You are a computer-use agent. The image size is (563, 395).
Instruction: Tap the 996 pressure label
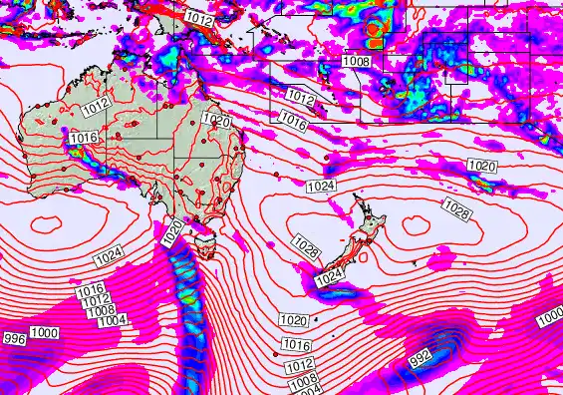click(14, 340)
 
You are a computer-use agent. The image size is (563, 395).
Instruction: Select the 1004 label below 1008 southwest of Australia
click(113, 319)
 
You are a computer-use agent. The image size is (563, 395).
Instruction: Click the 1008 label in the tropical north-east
click(357, 62)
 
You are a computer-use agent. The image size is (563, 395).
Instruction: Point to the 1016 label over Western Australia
click(84, 137)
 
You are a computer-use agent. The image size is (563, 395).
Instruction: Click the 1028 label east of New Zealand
click(457, 209)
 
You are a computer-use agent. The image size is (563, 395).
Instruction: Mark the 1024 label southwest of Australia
click(109, 258)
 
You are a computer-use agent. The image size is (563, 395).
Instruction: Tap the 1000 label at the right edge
click(550, 319)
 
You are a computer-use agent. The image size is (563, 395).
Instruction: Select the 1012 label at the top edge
click(198, 18)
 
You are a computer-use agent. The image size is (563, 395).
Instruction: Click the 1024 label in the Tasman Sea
click(321, 187)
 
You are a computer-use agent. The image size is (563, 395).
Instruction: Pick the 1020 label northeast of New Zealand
click(482, 165)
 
